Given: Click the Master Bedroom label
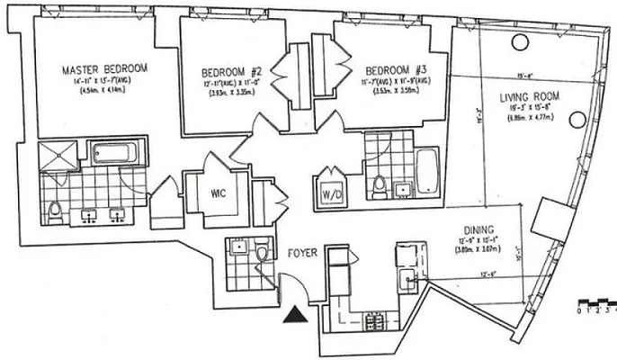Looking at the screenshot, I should point(104,68).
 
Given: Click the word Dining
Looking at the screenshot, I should point(478,229).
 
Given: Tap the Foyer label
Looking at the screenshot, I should point(302,254).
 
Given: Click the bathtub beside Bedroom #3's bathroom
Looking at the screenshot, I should point(426,174).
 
